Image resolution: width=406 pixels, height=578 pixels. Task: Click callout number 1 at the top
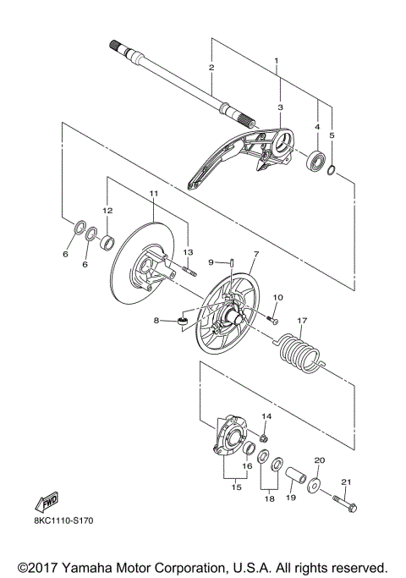pos(277,62)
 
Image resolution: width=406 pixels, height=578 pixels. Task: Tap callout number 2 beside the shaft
pos(211,67)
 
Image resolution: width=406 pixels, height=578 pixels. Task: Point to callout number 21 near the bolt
pos(344,482)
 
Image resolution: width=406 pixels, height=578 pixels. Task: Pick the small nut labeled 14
pos(264,439)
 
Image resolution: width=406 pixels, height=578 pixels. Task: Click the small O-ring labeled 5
pos(333,174)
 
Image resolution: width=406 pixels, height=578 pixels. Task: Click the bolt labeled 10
pos(272,320)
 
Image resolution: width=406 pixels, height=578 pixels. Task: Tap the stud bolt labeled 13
pos(188,271)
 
